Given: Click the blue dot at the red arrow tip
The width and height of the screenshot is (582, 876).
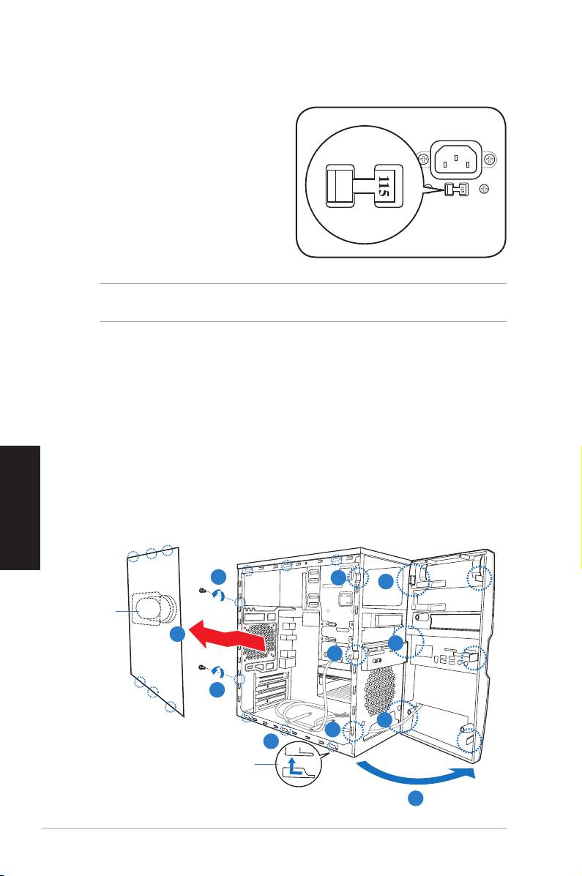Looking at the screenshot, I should click(x=176, y=635).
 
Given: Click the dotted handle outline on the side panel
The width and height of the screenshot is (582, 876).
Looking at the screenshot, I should click(x=151, y=607).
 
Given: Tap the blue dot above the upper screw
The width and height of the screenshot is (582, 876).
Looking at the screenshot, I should click(x=217, y=575).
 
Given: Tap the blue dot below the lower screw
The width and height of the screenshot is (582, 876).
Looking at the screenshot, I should click(x=217, y=689).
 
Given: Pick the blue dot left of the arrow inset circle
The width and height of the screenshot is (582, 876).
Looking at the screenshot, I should click(x=271, y=741).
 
